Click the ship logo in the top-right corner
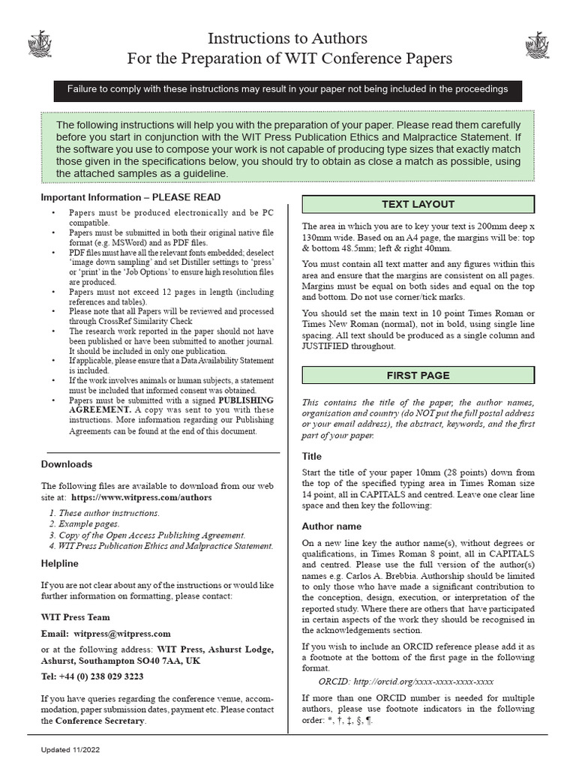pos(537,43)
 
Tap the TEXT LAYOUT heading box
pos(418,204)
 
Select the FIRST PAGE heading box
pos(418,375)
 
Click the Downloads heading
pos(67,464)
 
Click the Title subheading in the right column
pos(312,456)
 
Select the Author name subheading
pos(331,526)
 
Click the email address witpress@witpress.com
pos(122,634)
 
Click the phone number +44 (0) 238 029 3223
pos(103,676)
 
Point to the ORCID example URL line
pos(406,682)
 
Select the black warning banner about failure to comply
pos(288,89)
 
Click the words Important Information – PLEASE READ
pos(130,197)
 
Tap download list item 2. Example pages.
pos(84,523)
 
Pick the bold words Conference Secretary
pos(98,721)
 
